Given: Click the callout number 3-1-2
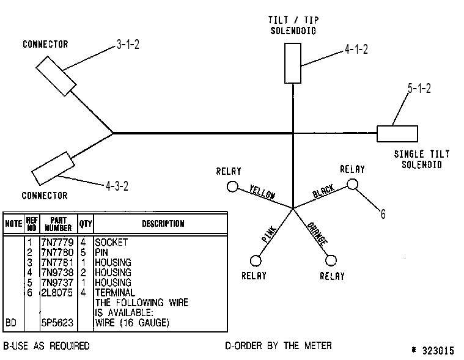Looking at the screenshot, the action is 128,45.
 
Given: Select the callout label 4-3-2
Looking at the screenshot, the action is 117,186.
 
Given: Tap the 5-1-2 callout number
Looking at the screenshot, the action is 419,88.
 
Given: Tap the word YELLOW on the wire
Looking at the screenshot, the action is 262,192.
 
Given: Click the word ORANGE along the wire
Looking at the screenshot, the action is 317,233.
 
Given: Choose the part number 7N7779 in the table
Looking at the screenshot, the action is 57,242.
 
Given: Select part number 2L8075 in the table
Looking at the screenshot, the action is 57,293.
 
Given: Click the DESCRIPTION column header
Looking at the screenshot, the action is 163,223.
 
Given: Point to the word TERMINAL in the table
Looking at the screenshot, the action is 115,293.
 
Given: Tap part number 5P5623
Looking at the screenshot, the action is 57,323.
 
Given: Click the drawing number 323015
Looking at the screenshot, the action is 438,351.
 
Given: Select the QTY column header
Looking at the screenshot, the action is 86,224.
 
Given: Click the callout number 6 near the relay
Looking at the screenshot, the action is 383,214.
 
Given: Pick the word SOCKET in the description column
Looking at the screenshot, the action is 111,242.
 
